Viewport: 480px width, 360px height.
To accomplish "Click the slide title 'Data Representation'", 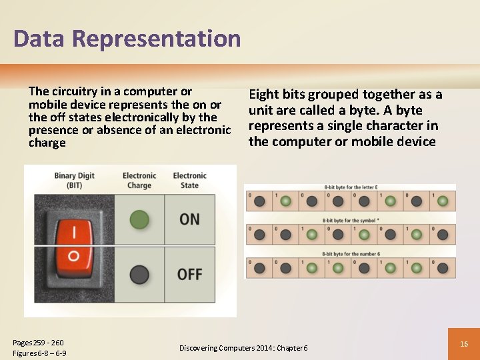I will click(127, 39).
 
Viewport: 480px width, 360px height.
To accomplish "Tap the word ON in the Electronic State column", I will click(190, 219).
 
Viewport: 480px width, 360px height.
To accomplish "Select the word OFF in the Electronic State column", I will click(190, 274).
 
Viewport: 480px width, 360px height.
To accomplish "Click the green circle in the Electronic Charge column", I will click(139, 219).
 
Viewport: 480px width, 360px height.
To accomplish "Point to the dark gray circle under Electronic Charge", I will click(139, 274).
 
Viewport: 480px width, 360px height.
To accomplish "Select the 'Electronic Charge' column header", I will click(139, 180).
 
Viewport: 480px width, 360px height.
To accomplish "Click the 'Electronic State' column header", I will click(190, 180).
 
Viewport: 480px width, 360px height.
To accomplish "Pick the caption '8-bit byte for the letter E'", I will click(350, 188).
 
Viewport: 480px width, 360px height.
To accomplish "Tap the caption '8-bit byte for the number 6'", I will click(350, 254).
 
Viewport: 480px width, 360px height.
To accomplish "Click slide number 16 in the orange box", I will click(464, 343).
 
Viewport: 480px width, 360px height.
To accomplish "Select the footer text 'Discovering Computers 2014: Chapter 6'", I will click(243, 348).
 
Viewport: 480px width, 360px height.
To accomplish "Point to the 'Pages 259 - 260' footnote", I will click(38, 342).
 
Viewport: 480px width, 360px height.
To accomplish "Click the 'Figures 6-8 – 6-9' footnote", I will click(39, 353).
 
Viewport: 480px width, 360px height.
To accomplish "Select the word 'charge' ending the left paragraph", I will click(47, 143).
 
